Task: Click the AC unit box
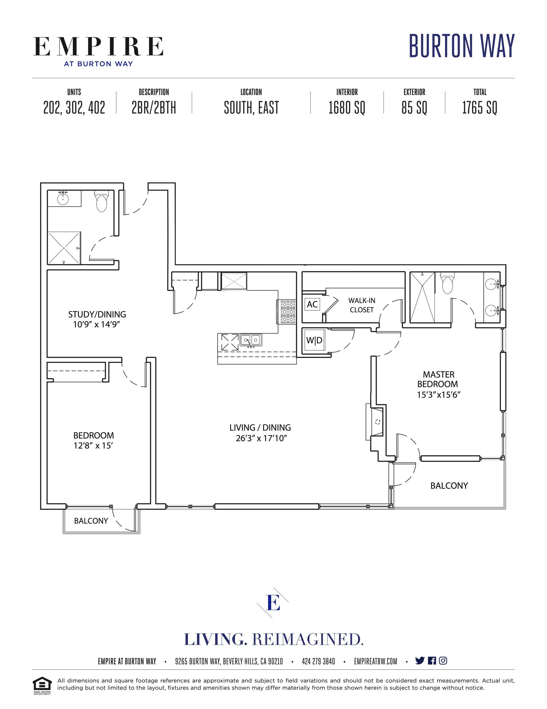click(312, 304)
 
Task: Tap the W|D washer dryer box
click(314, 340)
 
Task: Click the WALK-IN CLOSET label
click(362, 305)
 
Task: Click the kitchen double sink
click(251, 340)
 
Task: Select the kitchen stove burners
click(286, 312)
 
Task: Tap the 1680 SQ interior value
click(347, 108)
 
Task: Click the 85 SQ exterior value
click(414, 108)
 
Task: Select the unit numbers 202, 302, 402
click(74, 108)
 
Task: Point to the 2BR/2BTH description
click(154, 108)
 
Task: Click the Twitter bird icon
click(420, 660)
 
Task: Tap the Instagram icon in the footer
click(443, 660)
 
